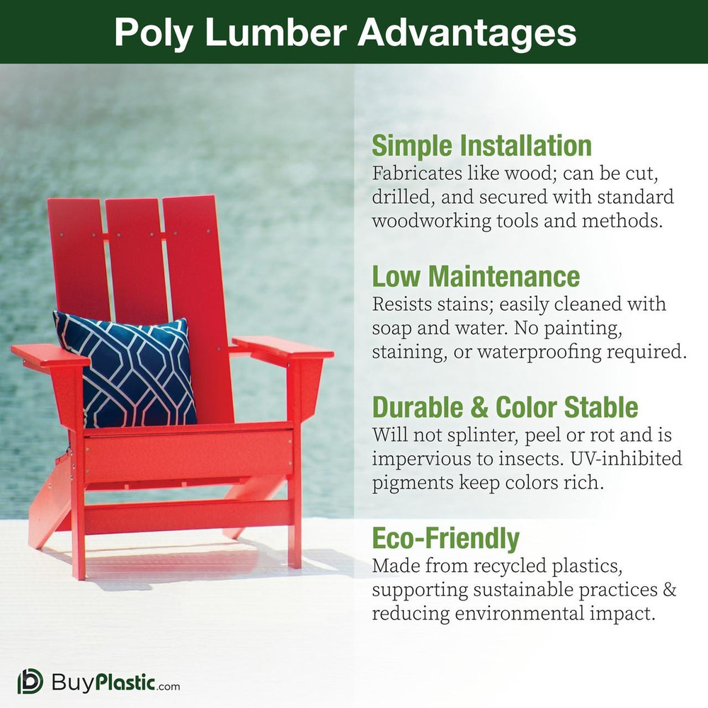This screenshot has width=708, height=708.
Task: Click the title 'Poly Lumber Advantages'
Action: tap(345, 33)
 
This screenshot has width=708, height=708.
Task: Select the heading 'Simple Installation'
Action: tap(481, 146)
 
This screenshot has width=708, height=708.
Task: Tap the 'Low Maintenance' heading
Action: tap(476, 275)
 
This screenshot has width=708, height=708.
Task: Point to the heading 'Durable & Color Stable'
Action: tap(505, 408)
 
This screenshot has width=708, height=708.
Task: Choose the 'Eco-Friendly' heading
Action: tap(445, 539)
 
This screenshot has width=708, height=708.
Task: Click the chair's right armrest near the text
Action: tap(283, 347)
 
